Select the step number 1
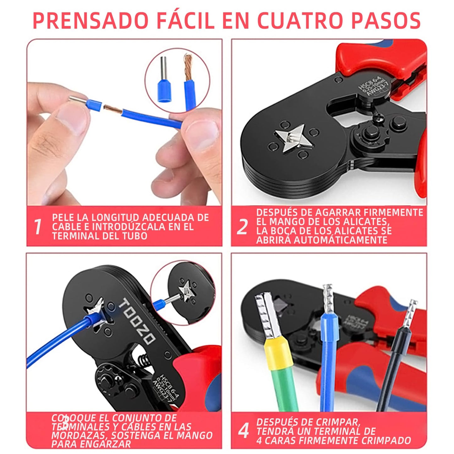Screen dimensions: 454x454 [38, 227]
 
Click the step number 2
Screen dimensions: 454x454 [242, 227]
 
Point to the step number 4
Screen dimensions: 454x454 [243, 431]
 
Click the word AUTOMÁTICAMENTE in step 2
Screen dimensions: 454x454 [322, 240]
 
